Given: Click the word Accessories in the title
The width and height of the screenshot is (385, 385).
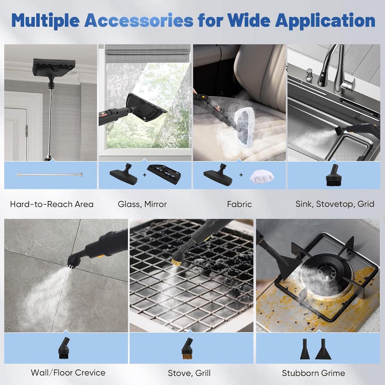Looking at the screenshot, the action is coord(139,21).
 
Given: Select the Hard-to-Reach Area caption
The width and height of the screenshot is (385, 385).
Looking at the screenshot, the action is coord(52,204).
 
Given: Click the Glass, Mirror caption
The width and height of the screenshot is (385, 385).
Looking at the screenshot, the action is coord(142,204).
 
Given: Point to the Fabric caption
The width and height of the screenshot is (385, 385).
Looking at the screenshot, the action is coord(239,204).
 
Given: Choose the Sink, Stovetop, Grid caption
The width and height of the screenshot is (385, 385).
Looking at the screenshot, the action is coord(335,204).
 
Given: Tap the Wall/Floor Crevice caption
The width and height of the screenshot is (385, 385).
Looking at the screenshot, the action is coord(68,372).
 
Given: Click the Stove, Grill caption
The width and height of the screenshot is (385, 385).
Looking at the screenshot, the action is coord(189,373).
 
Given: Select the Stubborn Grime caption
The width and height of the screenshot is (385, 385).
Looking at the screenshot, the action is coord(313,373).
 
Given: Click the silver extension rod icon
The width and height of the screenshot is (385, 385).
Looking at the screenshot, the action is coord(50,175).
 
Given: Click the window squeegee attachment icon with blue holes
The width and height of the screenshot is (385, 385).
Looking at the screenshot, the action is coord(164,175).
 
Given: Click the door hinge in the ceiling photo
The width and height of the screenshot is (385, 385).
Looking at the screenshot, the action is coord(26,131).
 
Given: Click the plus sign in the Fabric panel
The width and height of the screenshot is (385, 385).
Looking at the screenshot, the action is coord(241,175).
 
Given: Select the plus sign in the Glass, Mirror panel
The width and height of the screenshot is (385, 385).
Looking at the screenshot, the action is coord(144,175).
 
